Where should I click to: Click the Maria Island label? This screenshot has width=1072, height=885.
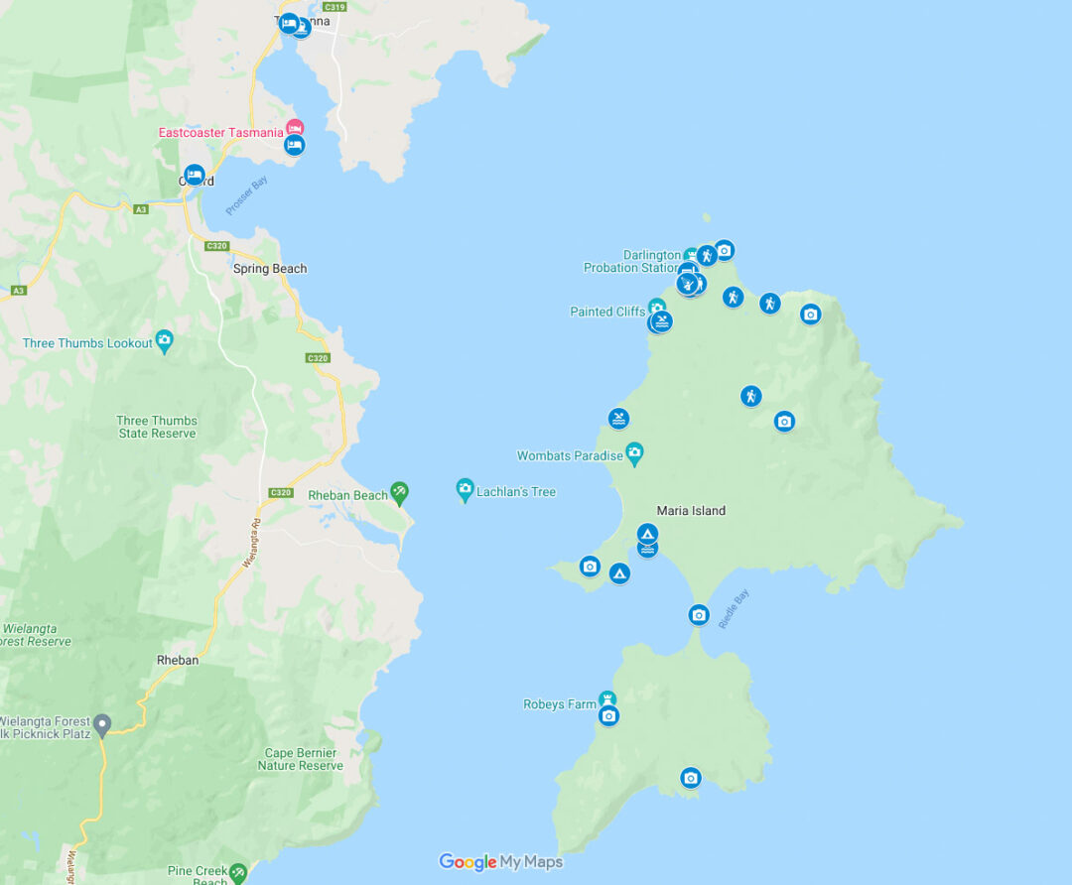[691, 511]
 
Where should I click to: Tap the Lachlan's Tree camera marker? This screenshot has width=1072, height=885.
[465, 489]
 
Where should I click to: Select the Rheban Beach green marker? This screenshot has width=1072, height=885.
[399, 491]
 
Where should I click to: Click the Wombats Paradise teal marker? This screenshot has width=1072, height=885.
[634, 453]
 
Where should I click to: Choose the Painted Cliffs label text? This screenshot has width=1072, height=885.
[607, 312]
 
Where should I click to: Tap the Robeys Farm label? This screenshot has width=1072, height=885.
[560, 704]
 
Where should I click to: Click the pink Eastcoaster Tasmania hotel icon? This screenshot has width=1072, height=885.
[295, 128]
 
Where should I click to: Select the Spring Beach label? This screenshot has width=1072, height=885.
[270, 269]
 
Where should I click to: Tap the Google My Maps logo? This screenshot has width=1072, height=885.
[500, 862]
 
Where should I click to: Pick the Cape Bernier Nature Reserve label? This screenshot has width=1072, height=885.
[301, 759]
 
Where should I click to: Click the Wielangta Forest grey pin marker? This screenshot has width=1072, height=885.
[102, 723]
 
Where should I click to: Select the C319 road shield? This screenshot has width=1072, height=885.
[335, 7]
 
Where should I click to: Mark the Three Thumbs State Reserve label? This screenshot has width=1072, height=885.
[157, 427]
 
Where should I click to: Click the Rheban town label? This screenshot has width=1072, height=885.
[178, 660]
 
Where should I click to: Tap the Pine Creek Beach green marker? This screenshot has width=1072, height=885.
[238, 872]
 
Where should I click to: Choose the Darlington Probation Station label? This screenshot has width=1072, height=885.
[632, 262]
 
